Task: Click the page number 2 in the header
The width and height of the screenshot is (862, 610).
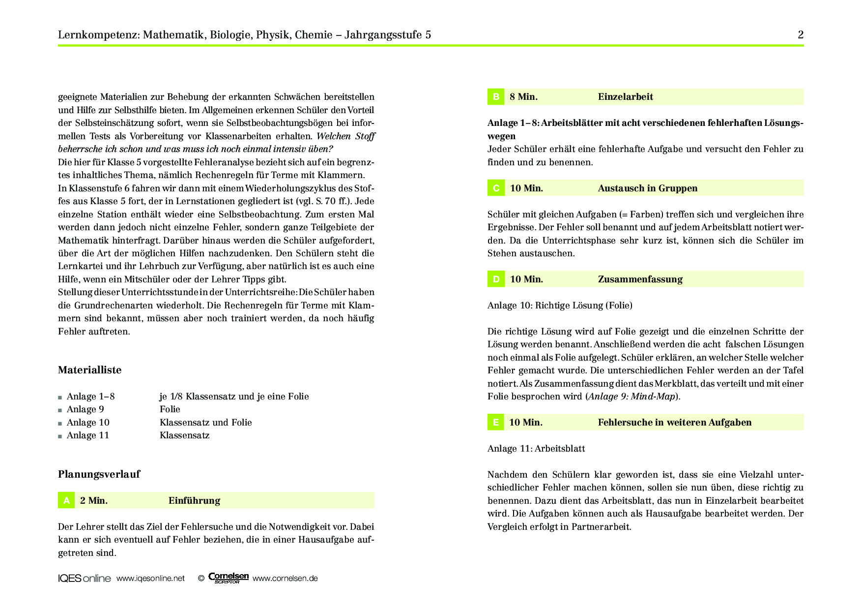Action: tap(801, 35)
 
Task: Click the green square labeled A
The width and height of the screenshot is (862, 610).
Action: tap(66, 501)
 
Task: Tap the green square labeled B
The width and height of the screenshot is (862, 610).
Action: tap(495, 97)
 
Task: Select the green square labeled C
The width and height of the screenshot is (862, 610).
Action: tap(495, 188)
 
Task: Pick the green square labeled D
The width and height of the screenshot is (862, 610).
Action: tap(495, 279)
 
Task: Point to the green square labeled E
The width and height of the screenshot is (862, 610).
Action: tap(495, 423)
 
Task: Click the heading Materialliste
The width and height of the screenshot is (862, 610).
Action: tap(89, 370)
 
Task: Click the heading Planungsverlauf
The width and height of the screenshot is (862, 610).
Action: tap(99, 474)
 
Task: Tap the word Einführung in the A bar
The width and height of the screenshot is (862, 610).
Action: tap(194, 501)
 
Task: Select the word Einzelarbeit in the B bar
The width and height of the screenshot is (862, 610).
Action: tap(625, 97)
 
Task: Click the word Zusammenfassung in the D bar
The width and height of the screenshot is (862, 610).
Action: tap(640, 279)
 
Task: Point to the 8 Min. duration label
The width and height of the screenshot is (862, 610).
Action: tap(523, 97)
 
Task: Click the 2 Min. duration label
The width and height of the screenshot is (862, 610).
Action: tap(93, 501)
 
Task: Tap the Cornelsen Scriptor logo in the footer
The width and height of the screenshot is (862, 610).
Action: tap(228, 578)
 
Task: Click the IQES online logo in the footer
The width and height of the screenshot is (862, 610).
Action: tap(84, 579)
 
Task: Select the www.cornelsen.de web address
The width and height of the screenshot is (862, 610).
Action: tap(285, 579)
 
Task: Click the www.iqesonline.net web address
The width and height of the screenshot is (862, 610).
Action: tap(150, 579)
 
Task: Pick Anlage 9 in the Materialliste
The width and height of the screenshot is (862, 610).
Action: tap(85, 409)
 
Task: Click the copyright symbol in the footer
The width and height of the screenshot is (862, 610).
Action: tap(201, 579)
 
